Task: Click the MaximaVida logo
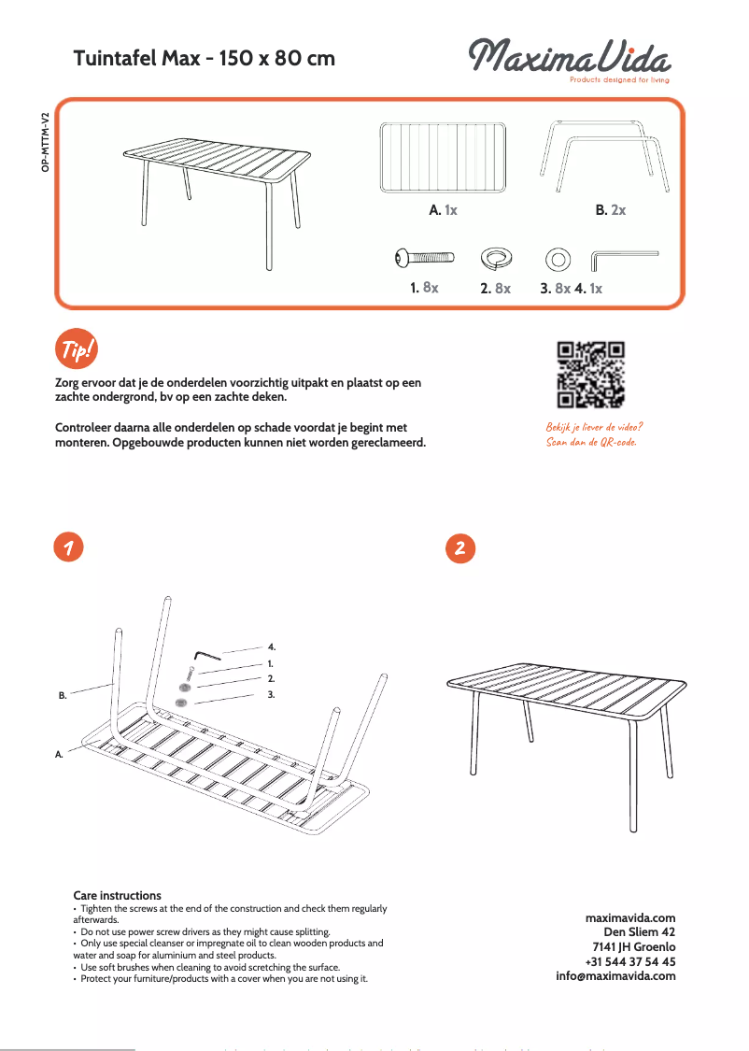click(x=569, y=58)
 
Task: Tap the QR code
click(x=590, y=375)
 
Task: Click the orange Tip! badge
click(x=76, y=350)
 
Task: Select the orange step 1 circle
click(x=66, y=547)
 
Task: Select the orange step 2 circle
click(x=459, y=548)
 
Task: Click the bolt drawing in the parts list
click(x=425, y=257)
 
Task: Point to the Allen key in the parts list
click(x=624, y=257)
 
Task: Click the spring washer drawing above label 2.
click(x=496, y=257)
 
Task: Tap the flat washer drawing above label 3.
click(x=558, y=257)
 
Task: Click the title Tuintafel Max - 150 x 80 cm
click(x=204, y=59)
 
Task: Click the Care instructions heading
click(x=117, y=895)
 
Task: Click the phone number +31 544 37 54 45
click(x=629, y=961)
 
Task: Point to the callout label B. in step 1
click(x=63, y=696)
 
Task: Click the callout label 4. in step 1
click(x=272, y=646)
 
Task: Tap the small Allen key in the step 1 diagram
click(x=207, y=657)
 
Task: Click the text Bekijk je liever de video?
click(x=594, y=427)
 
